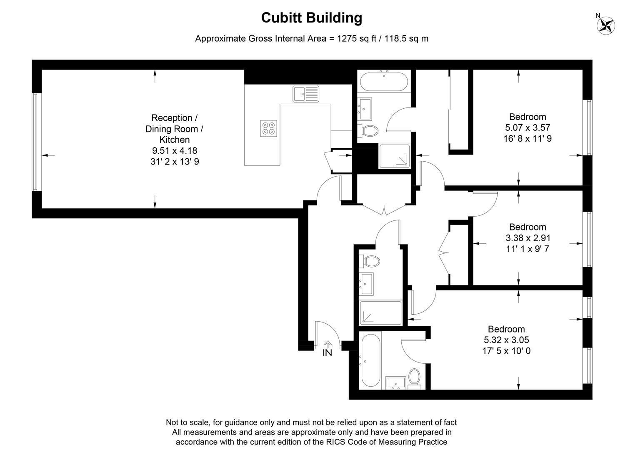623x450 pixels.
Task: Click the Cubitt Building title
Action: coord(312,18)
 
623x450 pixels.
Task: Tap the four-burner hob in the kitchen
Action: coord(268,128)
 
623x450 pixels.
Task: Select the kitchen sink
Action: coord(305,94)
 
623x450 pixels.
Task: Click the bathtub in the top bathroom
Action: coord(384,82)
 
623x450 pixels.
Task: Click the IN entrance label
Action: coord(328,352)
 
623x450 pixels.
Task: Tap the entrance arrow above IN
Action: coord(328,344)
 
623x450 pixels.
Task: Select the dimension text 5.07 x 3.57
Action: coord(528,127)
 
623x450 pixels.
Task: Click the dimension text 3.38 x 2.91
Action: coord(528,238)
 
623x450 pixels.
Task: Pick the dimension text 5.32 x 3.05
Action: coord(506,340)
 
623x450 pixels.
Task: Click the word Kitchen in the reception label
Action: coord(174,140)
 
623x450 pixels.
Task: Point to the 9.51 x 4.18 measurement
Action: coord(174,150)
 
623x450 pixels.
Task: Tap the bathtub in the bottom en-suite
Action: coord(371,360)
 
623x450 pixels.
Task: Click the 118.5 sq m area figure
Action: coord(406,38)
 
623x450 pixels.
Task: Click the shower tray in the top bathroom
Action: coord(394,156)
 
